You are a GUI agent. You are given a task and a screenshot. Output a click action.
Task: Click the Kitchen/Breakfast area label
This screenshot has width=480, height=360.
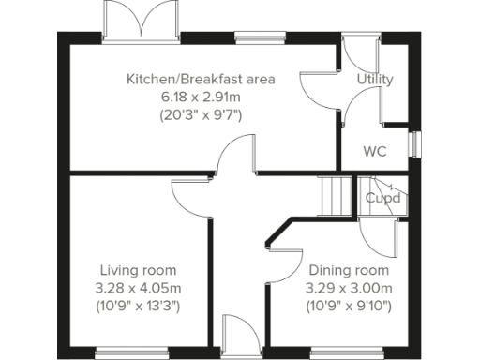tap(201, 79)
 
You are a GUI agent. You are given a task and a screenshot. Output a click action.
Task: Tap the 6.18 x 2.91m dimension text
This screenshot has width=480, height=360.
tap(201, 97)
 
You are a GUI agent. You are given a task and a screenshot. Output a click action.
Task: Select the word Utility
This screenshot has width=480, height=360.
tap(375, 80)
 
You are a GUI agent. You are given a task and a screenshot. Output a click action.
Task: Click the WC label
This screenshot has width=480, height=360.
tap(375, 150)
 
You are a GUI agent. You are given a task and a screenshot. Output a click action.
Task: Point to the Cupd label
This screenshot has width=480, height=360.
tap(383, 198)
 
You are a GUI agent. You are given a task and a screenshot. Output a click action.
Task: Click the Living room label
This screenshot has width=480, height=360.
tap(139, 270)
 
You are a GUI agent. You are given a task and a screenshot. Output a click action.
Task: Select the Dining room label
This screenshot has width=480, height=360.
tap(350, 270)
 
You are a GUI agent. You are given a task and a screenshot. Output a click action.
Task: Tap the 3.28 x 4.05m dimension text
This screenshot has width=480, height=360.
tap(139, 288)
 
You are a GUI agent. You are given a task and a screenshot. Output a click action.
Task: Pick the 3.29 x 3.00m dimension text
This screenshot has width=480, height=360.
tap(350, 288)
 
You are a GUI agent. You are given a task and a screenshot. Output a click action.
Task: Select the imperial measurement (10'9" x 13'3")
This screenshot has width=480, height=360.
tap(139, 306)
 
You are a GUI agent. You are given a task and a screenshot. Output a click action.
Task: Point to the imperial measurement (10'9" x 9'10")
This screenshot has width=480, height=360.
tap(350, 306)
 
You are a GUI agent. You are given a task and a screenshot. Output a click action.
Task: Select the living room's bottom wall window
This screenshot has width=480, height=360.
tap(124, 352)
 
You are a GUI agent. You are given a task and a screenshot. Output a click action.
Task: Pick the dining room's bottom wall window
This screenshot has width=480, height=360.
tap(336, 352)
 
